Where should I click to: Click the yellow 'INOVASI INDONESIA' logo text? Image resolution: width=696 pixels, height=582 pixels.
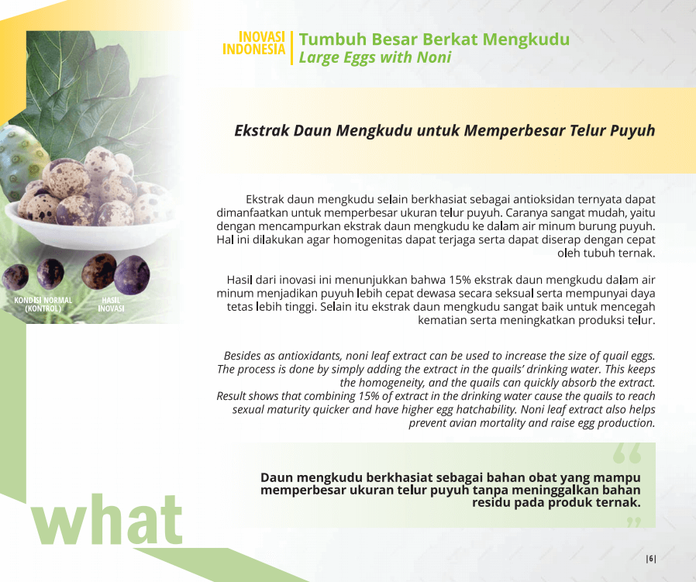point(253,43)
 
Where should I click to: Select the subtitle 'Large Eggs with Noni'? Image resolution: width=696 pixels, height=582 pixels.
point(375,57)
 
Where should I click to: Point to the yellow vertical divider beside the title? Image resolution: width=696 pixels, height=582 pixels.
point(291,48)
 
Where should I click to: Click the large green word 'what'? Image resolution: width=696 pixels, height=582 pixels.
point(107,519)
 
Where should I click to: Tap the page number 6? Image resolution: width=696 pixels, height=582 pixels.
point(651,559)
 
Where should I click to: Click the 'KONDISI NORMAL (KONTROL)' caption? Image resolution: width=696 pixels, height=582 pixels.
point(43,304)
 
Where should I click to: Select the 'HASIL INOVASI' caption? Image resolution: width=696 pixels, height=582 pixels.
point(111,304)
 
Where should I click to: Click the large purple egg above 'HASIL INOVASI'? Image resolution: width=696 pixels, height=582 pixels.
point(132,275)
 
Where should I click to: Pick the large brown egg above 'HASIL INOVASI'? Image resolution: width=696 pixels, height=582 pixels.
point(98,270)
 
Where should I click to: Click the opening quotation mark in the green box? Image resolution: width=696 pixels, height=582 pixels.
point(627,453)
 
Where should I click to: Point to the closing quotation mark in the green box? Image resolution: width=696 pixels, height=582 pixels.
point(635,522)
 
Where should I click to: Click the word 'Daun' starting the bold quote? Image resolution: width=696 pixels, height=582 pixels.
point(277,477)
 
